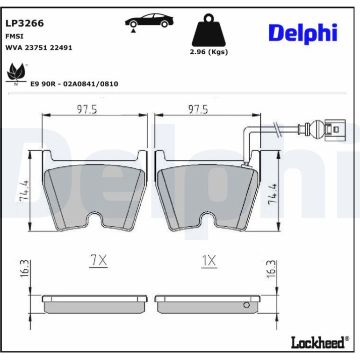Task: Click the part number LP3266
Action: (24, 23)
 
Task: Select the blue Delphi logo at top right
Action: (303, 34)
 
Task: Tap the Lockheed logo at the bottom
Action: (320, 343)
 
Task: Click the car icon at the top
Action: (149, 21)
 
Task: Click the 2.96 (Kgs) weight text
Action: (209, 52)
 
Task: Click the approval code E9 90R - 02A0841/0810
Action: (74, 84)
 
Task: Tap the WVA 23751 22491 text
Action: (38, 48)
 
